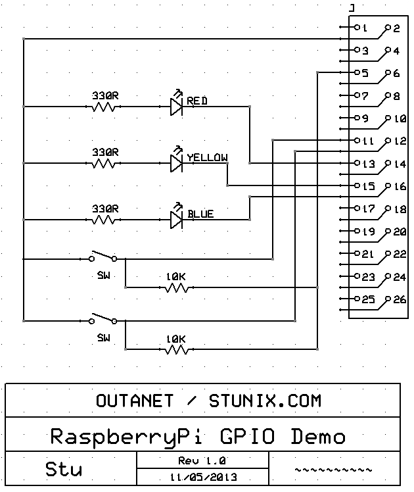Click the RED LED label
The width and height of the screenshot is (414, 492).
tap(197, 101)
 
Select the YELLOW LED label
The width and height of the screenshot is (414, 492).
tap(208, 157)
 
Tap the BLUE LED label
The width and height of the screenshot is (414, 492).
tap(200, 214)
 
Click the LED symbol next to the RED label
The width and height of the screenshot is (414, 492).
tap(177, 103)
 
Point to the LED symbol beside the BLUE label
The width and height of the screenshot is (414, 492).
tap(177, 216)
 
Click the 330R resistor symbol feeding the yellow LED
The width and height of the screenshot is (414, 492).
tap(103, 164)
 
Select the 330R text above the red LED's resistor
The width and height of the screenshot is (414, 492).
tap(105, 95)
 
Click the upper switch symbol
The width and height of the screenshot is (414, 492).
tap(103, 256)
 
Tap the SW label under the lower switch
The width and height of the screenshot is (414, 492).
tap(104, 338)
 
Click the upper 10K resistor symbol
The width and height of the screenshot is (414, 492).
tap(177, 287)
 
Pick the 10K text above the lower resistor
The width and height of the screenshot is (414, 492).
tap(176, 339)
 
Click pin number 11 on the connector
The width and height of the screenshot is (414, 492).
tap(368, 141)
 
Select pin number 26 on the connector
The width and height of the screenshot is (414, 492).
tap(400, 300)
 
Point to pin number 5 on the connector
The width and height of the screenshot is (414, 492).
tap(365, 74)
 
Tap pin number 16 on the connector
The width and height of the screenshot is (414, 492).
tap(400, 187)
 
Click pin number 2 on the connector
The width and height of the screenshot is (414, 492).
tap(397, 28)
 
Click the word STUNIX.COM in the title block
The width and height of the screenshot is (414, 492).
tap(265, 401)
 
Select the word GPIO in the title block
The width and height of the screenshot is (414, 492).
tap(247, 437)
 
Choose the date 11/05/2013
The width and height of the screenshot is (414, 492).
tap(204, 478)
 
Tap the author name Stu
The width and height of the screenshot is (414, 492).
tap(64, 470)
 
